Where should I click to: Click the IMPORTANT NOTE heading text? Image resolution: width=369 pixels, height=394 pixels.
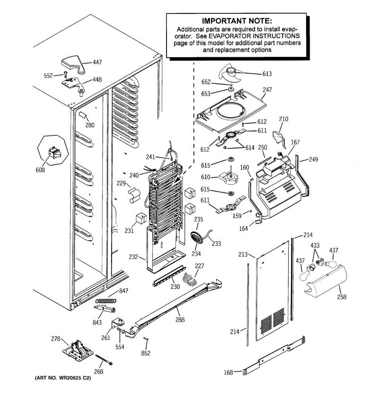tap(236, 21)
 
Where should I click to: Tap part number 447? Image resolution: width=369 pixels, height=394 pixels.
tap(97, 62)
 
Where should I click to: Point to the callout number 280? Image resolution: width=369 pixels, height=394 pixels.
tap(90, 125)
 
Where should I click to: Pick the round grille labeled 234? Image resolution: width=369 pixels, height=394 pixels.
tap(196, 237)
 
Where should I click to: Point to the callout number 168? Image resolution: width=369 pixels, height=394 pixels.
tap(228, 372)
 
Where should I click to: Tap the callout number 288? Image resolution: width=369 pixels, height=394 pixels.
tap(180, 319)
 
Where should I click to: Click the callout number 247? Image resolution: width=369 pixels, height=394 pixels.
tap(267, 90)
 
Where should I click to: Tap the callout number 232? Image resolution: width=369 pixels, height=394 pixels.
tap(133, 257)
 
